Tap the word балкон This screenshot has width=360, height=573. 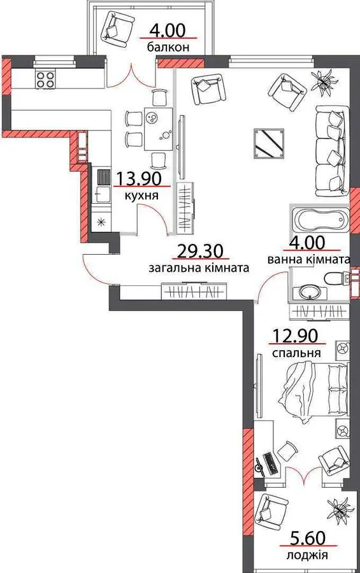[169, 47]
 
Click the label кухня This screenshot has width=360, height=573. [141, 195]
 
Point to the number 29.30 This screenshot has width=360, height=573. [200, 251]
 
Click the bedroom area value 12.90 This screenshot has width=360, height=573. [296, 336]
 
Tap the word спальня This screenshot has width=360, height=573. [297, 353]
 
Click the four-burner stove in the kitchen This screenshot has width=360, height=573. [46, 79]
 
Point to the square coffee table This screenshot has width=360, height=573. [270, 143]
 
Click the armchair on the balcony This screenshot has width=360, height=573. [117, 29]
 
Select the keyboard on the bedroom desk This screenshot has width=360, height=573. [270, 463]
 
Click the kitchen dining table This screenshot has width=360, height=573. [159, 129]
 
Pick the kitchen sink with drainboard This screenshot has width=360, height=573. [103, 186]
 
